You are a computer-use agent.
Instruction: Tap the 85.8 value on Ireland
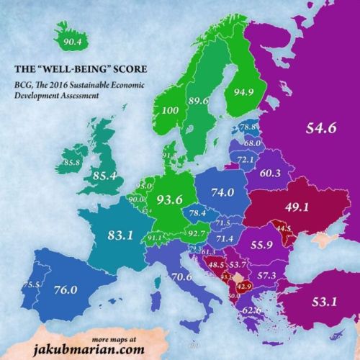tap(71, 163)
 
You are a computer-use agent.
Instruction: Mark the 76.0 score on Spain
tap(66, 290)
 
